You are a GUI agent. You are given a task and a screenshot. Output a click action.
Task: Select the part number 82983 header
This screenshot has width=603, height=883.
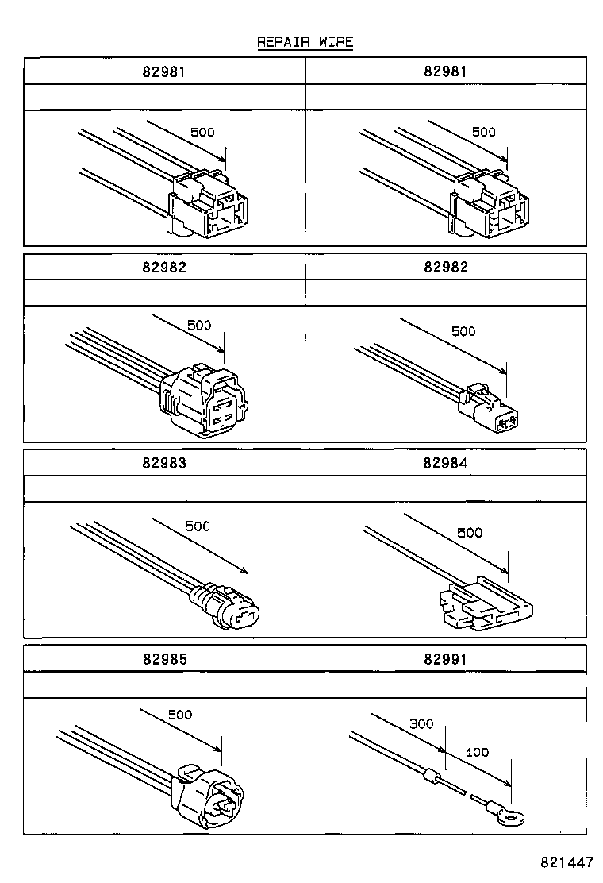pyautogui.click(x=164, y=463)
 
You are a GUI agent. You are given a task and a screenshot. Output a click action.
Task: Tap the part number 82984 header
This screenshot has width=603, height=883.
pyautogui.click(x=446, y=463)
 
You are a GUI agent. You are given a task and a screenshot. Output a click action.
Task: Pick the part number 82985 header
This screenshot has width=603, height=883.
pyautogui.click(x=164, y=658)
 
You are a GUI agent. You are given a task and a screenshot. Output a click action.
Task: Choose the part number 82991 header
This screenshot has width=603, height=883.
pyautogui.click(x=446, y=658)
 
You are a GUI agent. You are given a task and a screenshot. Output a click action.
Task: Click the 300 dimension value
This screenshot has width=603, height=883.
pyautogui.click(x=421, y=723)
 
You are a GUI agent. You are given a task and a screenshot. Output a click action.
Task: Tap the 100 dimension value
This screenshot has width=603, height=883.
pyautogui.click(x=477, y=751)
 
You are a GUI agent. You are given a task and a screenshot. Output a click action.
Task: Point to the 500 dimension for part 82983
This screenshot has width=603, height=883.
pyautogui.click(x=197, y=526)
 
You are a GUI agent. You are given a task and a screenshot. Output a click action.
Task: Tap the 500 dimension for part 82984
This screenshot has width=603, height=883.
pyautogui.click(x=469, y=532)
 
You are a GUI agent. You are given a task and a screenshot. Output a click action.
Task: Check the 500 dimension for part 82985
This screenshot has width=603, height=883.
pyautogui.click(x=179, y=715)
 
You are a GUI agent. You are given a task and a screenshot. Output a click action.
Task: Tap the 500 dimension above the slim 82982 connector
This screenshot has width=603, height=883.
pyautogui.click(x=463, y=330)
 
